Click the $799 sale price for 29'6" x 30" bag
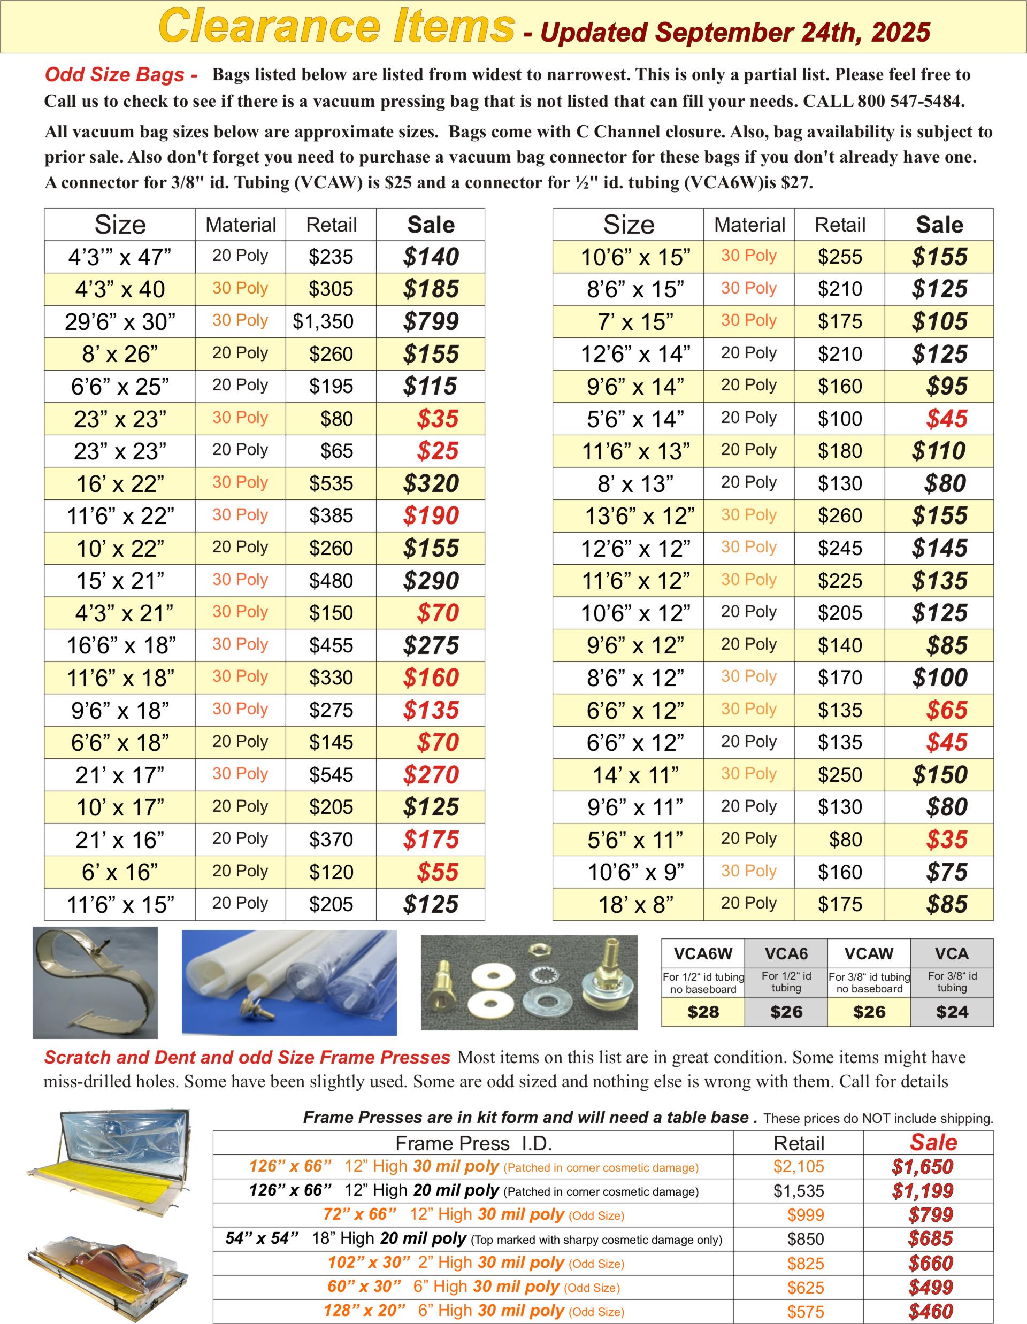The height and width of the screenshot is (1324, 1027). click(431, 321)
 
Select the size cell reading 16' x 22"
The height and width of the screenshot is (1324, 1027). click(120, 484)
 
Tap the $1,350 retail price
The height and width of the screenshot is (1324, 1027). click(323, 321)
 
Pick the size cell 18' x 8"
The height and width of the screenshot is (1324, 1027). click(635, 904)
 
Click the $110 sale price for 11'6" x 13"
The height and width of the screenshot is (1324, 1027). click(939, 451)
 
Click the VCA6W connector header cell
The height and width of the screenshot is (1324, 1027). click(703, 953)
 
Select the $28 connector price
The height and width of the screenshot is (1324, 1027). click(703, 1012)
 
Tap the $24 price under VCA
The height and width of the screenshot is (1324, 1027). click(952, 1012)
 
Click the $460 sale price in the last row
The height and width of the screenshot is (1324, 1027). click(931, 1311)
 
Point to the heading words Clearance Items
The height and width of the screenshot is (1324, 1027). click(335, 27)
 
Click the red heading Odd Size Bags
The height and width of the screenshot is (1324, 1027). click(121, 74)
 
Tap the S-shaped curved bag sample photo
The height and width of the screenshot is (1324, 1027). click(95, 982)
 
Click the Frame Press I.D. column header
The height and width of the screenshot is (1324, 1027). click(473, 1143)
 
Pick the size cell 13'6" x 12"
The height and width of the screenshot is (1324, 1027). click(639, 516)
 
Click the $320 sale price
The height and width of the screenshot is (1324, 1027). click(431, 484)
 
